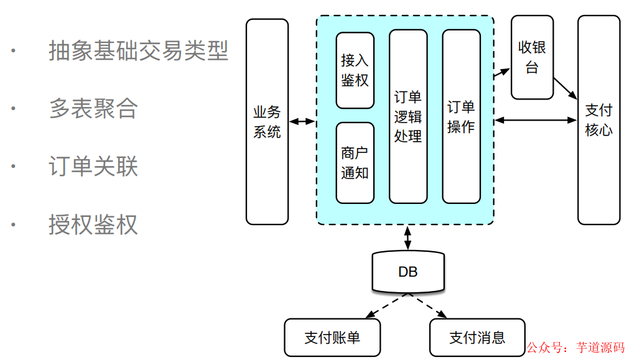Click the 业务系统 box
click(267, 121)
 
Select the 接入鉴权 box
click(355, 70)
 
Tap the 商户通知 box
click(355, 163)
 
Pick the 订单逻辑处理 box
click(408, 116)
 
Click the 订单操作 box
click(461, 116)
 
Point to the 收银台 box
click(532, 57)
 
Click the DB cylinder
click(408, 272)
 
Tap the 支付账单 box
click(332, 338)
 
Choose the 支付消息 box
click(477, 338)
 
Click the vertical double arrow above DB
click(408, 238)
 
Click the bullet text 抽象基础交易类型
click(138, 50)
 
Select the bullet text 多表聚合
click(93, 108)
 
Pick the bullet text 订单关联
click(93, 166)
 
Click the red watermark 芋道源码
click(600, 348)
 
